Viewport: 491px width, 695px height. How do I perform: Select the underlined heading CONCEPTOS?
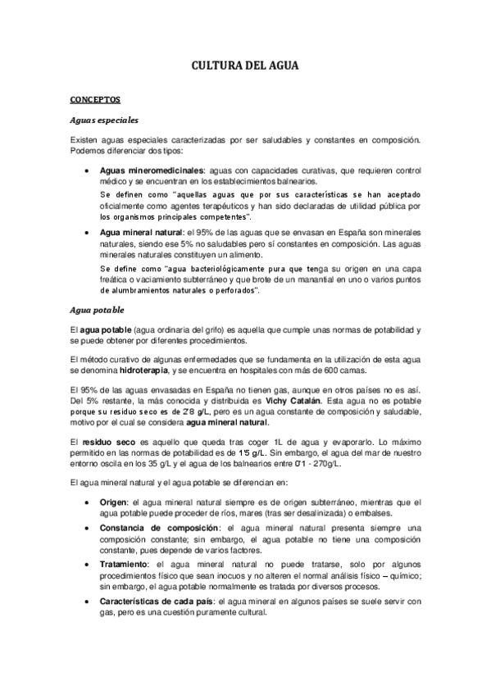(95, 99)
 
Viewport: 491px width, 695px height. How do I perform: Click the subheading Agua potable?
(98, 288)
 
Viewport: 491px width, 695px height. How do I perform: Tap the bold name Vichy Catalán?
(293, 401)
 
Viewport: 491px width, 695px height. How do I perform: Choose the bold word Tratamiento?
(126, 566)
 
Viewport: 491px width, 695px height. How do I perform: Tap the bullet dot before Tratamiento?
(87, 566)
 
